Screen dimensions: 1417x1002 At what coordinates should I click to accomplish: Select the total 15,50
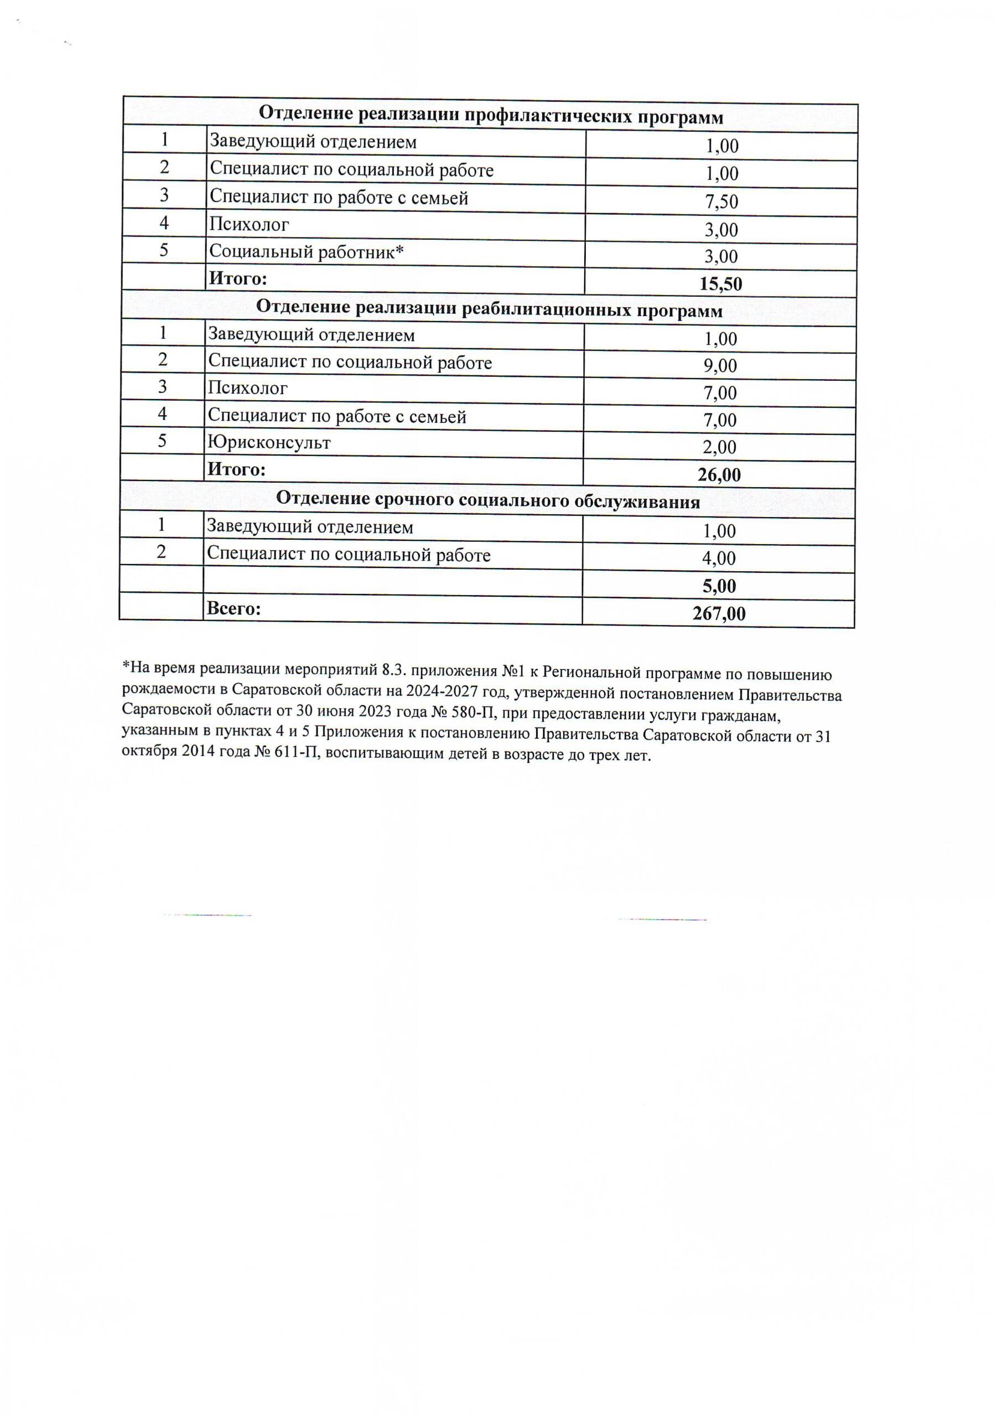pyautogui.click(x=720, y=284)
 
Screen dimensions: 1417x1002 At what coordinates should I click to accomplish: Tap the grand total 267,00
pyautogui.click(x=719, y=613)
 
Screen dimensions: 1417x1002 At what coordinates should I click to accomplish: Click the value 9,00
pyautogui.click(x=720, y=366)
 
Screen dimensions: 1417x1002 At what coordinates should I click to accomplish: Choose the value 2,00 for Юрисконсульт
pyautogui.click(x=719, y=447)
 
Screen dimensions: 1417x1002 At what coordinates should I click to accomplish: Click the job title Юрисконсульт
pyautogui.click(x=269, y=442)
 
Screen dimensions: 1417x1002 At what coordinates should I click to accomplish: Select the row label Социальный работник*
pyautogui.click(x=307, y=252)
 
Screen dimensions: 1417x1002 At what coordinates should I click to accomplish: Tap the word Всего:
pyautogui.click(x=234, y=609)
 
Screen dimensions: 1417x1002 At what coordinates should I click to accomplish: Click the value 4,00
pyautogui.click(x=719, y=558)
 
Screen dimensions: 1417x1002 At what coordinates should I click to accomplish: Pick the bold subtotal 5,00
pyautogui.click(x=719, y=586)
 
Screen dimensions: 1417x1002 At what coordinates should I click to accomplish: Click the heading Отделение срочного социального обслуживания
pyautogui.click(x=487, y=500)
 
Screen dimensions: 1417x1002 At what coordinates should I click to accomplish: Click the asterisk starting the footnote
pyautogui.click(x=125, y=666)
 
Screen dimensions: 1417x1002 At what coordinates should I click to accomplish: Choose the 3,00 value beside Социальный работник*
pyautogui.click(x=721, y=257)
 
